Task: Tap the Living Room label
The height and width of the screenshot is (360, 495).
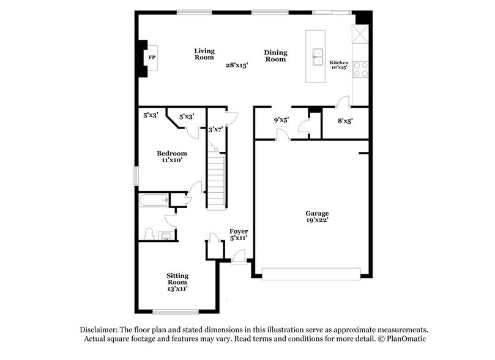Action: point(204,54)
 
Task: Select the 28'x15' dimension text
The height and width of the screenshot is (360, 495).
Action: point(237,65)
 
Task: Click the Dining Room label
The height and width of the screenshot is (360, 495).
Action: point(275,56)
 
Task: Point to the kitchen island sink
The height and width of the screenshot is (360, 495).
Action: point(318,58)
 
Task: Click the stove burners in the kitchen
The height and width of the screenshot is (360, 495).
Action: point(360,69)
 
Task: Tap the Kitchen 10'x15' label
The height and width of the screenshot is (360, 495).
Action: point(339,65)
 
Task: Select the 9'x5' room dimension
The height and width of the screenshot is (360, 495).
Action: point(281,121)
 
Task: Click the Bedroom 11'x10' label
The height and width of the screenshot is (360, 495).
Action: point(171,156)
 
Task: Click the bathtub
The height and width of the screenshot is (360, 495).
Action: point(153,200)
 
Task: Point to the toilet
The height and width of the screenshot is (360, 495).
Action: point(148,233)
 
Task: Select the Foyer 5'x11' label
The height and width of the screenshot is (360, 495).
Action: point(238,234)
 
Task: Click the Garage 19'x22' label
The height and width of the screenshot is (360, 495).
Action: point(318,218)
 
